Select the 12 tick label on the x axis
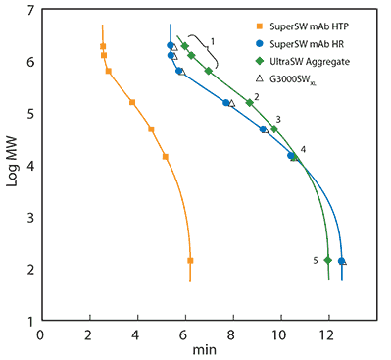327,333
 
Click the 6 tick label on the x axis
183,333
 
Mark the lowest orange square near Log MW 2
190,260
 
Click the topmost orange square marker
103,46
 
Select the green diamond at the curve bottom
328,260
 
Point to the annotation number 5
316,260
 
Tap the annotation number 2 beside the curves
256,97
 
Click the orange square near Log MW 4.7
151,129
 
